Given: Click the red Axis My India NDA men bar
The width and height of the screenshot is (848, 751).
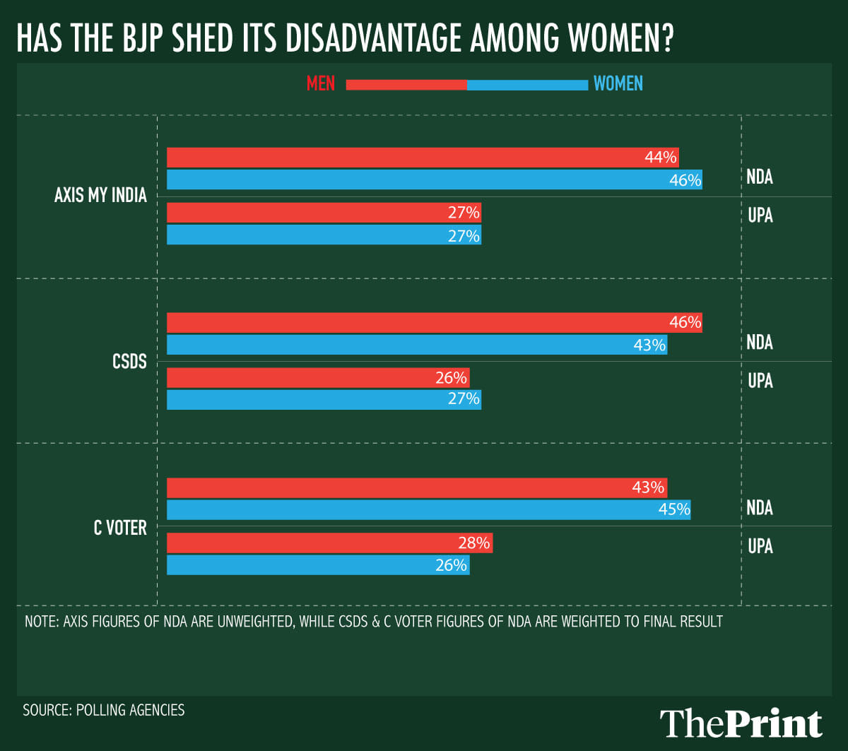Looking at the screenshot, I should pos(423,157).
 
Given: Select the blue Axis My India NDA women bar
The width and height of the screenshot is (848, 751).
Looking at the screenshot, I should pos(434,179).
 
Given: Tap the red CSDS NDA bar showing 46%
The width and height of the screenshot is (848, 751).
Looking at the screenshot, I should pos(434,322).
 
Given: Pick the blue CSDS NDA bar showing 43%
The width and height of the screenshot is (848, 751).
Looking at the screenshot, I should pos(417,345).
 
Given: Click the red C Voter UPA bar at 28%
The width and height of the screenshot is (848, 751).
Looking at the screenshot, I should pos(329,543).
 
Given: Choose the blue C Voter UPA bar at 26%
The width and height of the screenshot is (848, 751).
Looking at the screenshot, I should pos(318,565).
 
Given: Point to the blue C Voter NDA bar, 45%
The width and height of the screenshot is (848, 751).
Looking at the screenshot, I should pos(428,509).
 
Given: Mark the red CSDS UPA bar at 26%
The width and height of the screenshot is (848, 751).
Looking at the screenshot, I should pos(318,377).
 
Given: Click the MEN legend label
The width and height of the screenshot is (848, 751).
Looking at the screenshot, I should pos(321,84).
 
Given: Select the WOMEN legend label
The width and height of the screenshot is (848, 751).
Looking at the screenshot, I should pos(618,84).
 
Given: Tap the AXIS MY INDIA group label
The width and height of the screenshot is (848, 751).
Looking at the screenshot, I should pos(100,196).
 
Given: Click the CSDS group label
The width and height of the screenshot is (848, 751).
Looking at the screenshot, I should pos(129,362).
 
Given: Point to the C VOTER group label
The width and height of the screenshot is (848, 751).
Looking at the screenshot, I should pos(120,527).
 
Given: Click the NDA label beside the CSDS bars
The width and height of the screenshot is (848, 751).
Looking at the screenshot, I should pos(760,343).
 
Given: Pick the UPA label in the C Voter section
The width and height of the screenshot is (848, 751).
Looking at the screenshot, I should pos(760,546).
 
